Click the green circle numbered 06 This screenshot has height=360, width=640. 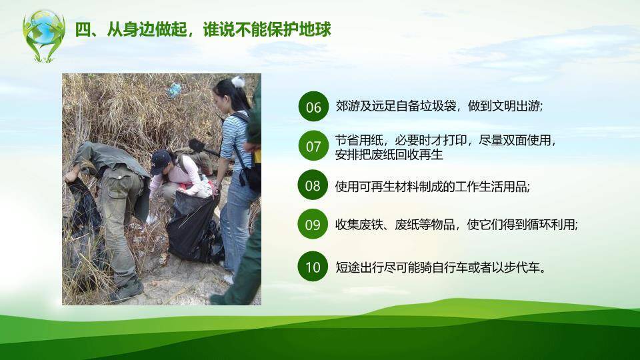(313, 107)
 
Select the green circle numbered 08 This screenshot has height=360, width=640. (313, 186)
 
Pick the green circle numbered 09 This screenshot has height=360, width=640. (313, 225)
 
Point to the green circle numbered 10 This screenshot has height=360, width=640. (313, 267)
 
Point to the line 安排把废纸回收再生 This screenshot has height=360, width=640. (389, 155)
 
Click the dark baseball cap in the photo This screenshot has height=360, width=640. (160, 161)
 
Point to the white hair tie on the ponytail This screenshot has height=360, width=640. (238, 82)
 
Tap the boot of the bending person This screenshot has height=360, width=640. (127, 289)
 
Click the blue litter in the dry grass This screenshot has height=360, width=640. (175, 89)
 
